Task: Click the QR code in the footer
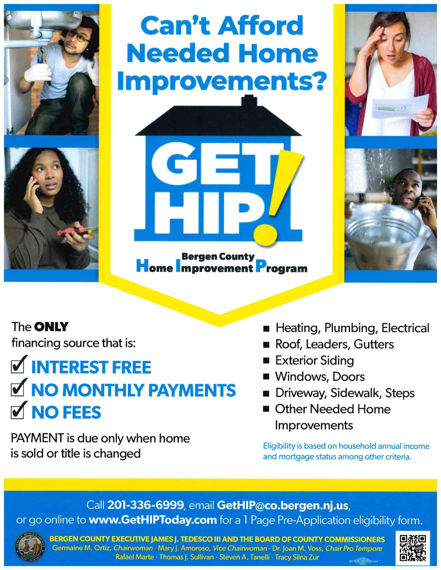coord(414,546)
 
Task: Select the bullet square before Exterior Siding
coord(266,361)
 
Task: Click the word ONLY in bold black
coord(51,327)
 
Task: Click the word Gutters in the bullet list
coord(374,344)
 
